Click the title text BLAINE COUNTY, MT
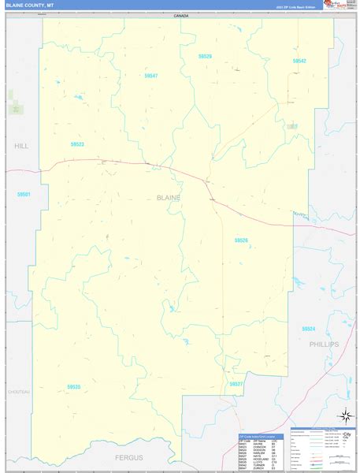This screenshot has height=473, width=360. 31,5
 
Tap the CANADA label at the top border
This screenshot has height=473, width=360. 182,16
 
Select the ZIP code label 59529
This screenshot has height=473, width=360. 206,57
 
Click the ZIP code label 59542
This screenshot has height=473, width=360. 299,61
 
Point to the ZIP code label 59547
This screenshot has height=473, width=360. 151,76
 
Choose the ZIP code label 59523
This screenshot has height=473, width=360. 77,144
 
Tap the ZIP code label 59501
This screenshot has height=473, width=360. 23,193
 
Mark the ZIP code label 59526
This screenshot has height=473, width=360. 241,240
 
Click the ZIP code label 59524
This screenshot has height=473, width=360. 308,329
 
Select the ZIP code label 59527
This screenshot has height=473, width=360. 236,383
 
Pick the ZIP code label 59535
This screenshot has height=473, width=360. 74,386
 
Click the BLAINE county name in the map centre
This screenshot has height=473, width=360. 169,197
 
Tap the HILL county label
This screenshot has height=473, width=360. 20,147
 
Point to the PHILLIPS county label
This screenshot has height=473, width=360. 323,345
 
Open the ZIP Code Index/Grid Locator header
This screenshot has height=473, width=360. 257,435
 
